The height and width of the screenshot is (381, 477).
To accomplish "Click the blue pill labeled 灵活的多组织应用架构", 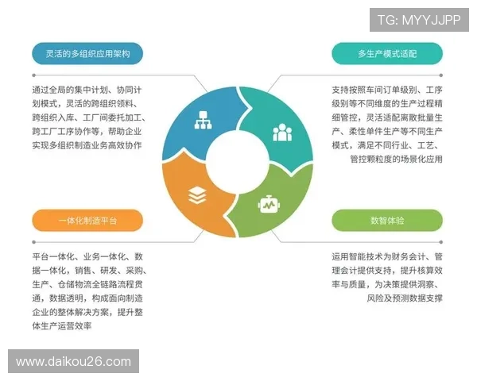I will (x=87, y=54).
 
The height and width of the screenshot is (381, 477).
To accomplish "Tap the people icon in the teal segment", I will (x=282, y=133).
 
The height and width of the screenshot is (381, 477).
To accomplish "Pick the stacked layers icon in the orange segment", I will (x=196, y=194).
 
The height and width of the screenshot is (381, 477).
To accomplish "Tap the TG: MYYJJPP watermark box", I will (x=418, y=20).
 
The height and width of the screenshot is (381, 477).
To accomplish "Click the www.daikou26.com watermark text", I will (x=73, y=362).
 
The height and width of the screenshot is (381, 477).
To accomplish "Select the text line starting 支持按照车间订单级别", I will (x=387, y=90).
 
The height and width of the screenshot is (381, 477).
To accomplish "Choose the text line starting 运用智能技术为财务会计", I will (x=387, y=257).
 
